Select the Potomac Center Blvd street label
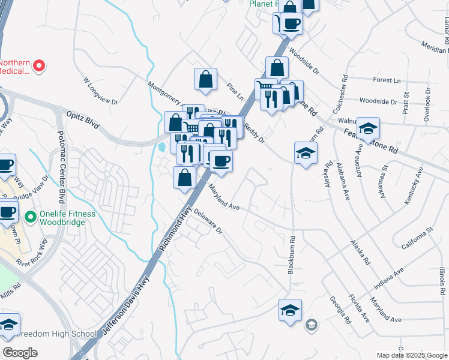coord(61,168)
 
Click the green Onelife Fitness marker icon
coord(28,215)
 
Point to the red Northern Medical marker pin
coord(40,65)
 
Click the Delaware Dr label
coord(208,223)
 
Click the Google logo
coord(20,353)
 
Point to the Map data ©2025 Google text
coord(411,355)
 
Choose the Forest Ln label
coord(386,80)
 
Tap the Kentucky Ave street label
coord(414,185)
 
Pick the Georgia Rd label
coord(340,310)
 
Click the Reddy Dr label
coord(254,133)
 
